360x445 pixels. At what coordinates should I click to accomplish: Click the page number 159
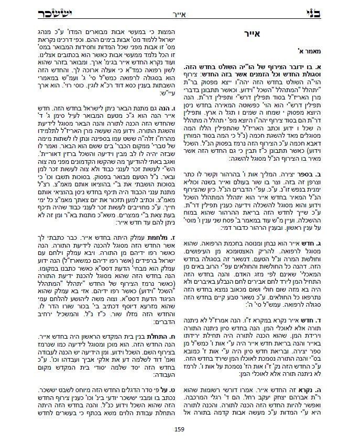[x=180, y=430]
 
